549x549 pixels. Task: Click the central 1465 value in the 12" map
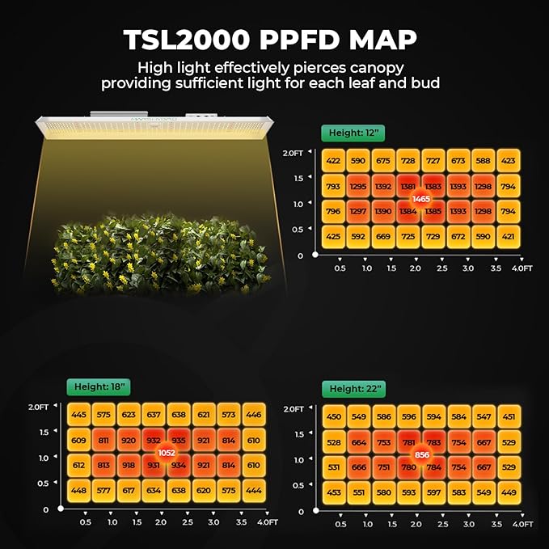pos(421,199)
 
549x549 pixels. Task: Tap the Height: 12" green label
pos(353,133)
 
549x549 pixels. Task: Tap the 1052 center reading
pos(167,453)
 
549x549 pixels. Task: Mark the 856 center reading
pos(421,455)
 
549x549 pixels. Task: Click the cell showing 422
pos(333,161)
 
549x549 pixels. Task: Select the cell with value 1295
pos(358,187)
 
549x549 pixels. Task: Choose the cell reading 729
pos(433,238)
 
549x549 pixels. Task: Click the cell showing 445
pos(78,415)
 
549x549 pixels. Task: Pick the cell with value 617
pos(129,491)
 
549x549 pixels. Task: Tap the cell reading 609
pos(78,441)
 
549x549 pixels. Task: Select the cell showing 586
pos(383,417)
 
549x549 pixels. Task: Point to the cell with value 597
pos(433,493)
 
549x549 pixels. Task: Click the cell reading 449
pos(509,493)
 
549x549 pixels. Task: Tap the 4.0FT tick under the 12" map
pos(522,268)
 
